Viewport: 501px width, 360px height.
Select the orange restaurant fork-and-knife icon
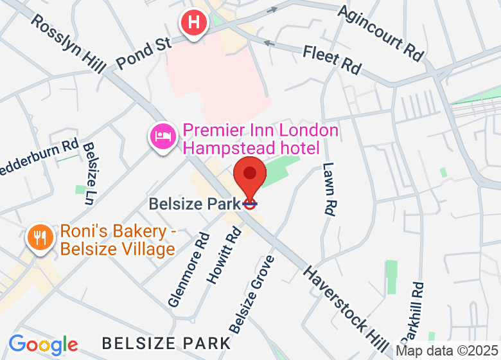point(40,237)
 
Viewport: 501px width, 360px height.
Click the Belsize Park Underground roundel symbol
point(250,204)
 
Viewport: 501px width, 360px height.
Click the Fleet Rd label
point(332,58)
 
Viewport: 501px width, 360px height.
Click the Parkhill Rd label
point(412,311)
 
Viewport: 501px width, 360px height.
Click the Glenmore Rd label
point(189,269)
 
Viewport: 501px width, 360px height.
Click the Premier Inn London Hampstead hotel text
point(260,139)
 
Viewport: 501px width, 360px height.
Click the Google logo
point(43,345)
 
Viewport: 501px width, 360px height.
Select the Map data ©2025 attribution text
point(447,351)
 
